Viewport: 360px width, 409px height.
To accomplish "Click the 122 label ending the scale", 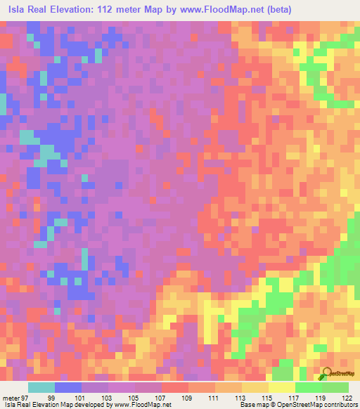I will coord(347,398).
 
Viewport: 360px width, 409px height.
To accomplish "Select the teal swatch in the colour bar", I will coord(41,387).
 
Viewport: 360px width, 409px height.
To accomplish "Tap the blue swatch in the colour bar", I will coord(68,387).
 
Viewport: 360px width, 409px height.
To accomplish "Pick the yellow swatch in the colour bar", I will coord(281,387).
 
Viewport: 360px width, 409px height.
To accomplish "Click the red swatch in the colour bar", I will coord(175,387).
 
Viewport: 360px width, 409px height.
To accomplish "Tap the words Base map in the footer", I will coord(252,405).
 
